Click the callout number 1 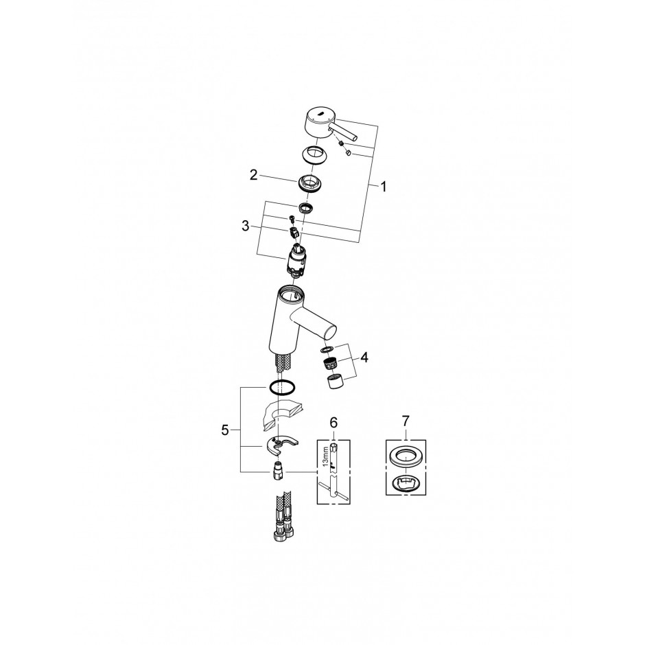[x=384, y=187]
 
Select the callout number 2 [x=254, y=175]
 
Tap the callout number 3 [x=246, y=226]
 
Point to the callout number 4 [x=364, y=358]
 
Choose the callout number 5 [x=224, y=430]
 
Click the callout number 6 [x=333, y=422]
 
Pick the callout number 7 [x=406, y=421]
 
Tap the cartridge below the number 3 [x=296, y=259]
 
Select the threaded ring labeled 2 [x=309, y=183]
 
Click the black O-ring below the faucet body [x=282, y=388]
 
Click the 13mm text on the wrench [x=325, y=456]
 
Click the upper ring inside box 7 [x=406, y=456]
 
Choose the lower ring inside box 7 [x=406, y=482]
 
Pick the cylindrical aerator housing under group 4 [x=336, y=382]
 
